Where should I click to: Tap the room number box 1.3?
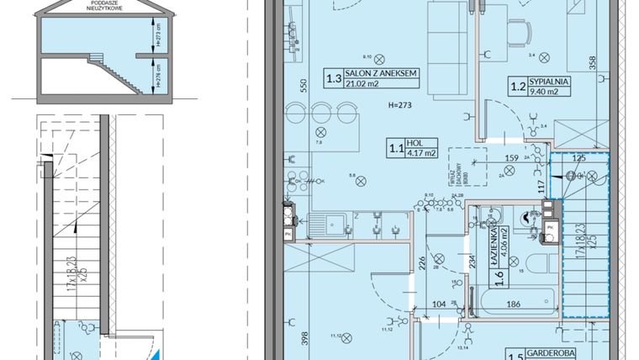click(334, 80)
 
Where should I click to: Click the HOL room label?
click(414, 143)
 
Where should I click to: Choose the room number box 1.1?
click(393, 148)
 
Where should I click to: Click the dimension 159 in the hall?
click(511, 156)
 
